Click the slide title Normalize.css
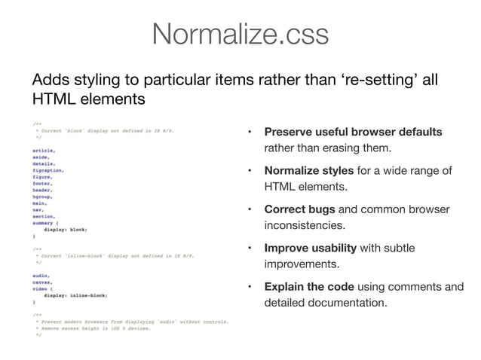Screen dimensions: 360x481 pos(240,34)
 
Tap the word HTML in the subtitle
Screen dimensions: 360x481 pos(50,99)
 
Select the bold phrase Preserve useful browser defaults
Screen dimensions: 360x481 pos(353,133)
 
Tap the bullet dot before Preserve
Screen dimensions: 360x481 pos(250,133)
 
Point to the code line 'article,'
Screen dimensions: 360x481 pos(44,151)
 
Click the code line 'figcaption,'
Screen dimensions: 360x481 pos(48,171)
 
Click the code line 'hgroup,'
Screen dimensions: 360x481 pos(44,197)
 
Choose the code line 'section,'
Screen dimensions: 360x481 pos(44,216)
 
